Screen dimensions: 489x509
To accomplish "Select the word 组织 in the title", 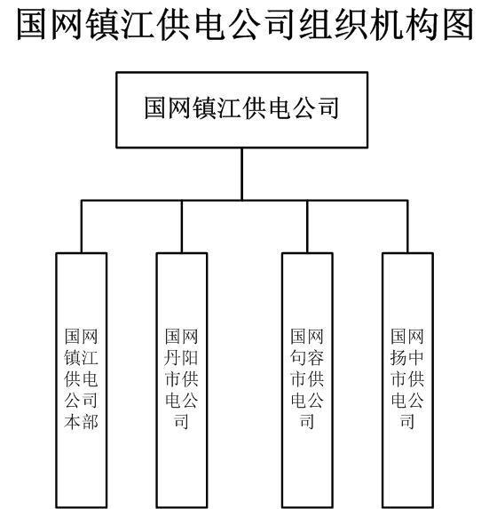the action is point(335,25).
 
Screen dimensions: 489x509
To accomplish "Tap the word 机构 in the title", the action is point(405,25).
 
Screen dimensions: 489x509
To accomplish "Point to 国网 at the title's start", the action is point(51,25).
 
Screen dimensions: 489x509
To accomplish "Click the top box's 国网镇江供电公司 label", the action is point(241,107).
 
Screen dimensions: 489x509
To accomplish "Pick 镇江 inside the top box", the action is point(217,107).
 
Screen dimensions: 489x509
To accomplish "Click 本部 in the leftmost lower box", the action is point(81,421).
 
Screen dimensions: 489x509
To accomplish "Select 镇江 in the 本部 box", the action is point(81,357).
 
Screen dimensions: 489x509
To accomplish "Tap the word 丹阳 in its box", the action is point(181,357).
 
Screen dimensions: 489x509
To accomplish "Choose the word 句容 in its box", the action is point(307,357).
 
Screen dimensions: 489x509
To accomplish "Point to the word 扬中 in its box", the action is point(407,357).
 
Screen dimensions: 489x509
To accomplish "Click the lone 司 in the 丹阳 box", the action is point(181,421).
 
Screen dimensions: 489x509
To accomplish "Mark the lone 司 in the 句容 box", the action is point(307,421).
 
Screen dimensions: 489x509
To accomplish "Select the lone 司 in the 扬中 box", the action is point(407,421).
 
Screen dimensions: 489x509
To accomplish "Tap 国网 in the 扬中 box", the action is point(407,337).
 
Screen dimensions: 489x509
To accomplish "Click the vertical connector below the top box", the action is point(242,174).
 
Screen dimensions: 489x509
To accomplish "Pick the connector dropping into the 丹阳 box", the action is point(182,227).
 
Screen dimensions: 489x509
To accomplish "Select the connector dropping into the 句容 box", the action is point(307,227).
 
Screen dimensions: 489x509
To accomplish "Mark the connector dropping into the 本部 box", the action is point(82,227).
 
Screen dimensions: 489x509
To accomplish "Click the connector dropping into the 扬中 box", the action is point(407,227).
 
